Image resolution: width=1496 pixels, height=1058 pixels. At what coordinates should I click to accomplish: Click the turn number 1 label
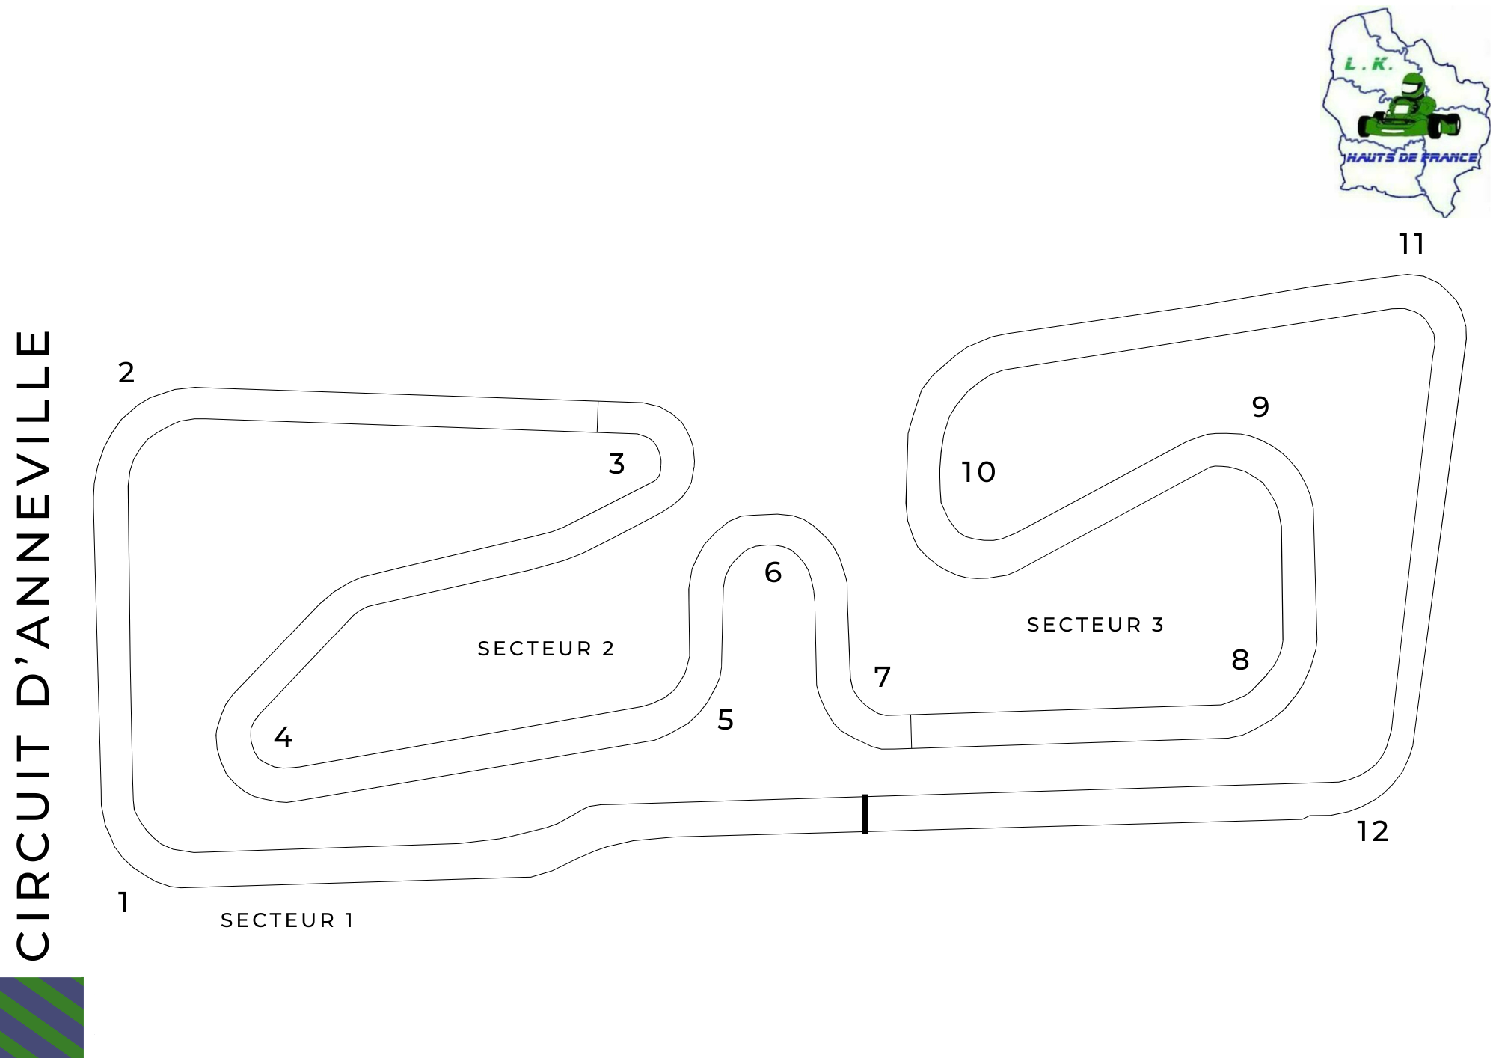click(x=123, y=902)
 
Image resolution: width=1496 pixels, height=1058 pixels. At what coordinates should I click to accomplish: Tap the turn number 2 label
click(x=126, y=372)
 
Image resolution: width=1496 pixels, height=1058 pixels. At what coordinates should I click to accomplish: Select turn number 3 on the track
click(x=616, y=463)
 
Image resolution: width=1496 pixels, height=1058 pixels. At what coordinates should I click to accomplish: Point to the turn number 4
click(x=283, y=737)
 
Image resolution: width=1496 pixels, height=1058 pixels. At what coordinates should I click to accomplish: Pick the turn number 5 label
click(x=726, y=719)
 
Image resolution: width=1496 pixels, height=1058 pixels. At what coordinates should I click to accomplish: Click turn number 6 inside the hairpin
click(x=773, y=572)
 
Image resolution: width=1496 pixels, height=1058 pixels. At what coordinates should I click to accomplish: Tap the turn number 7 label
click(x=883, y=676)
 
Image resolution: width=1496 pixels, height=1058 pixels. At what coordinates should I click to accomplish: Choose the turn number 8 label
click(x=1240, y=659)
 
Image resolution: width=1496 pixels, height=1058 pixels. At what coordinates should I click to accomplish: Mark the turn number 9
click(x=1260, y=406)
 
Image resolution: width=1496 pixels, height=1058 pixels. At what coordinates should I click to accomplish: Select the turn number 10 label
click(x=978, y=472)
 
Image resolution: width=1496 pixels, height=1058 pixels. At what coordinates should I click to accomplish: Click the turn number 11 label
click(x=1412, y=244)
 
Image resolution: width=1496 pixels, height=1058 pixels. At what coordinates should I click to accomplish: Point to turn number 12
click(x=1373, y=831)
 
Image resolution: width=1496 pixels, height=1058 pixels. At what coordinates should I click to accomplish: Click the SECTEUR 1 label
click(x=287, y=920)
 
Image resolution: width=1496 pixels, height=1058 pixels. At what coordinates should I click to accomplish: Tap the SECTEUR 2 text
click(x=546, y=649)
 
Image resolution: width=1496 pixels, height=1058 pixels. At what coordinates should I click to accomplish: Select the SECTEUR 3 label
click(x=1096, y=625)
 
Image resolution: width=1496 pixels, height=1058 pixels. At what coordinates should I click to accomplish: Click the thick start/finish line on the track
click(x=865, y=813)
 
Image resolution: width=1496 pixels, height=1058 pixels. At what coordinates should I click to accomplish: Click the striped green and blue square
click(x=42, y=1018)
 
